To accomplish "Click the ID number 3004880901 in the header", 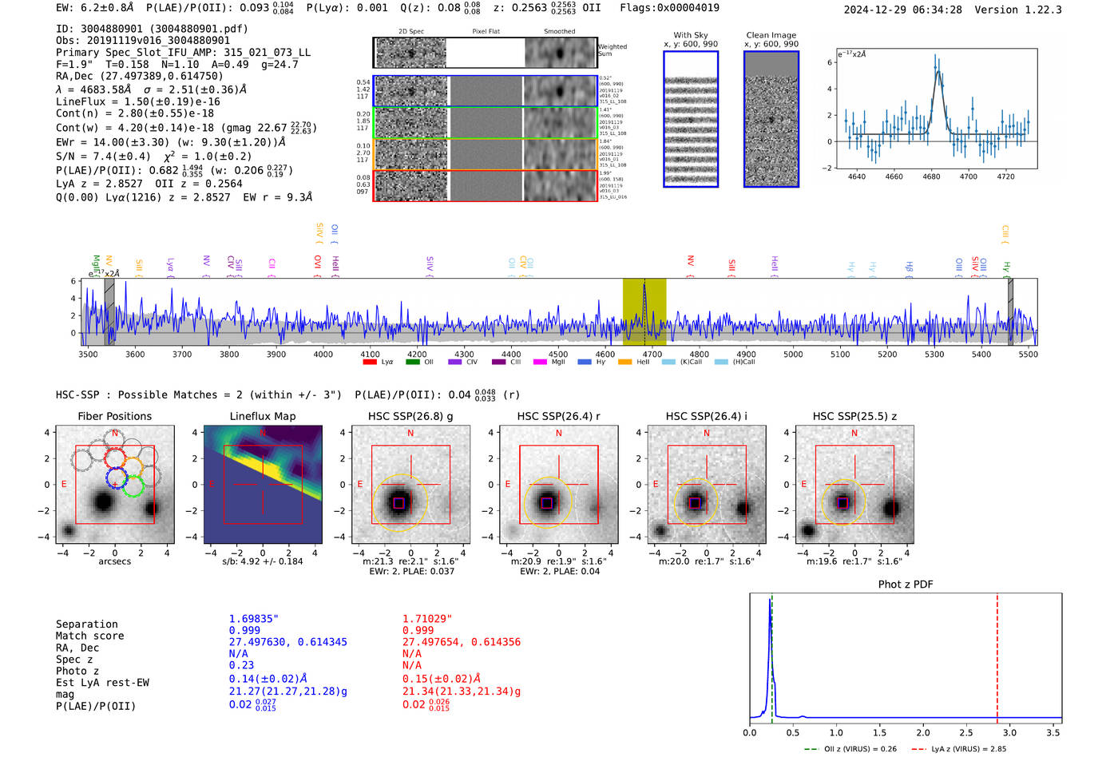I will tap(112, 29).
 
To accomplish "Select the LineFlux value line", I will tap(138, 101).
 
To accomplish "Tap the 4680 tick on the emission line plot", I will tap(931, 176).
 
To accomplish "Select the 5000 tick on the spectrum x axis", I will tap(793, 354).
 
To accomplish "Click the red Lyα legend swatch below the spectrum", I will tap(370, 362).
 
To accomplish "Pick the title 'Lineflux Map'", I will tap(263, 416).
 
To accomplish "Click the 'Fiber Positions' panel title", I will tap(114, 416).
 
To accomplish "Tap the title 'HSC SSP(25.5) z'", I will tap(854, 416).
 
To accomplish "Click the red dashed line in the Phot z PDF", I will tap(997, 655).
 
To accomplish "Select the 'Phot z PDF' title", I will tap(906, 585).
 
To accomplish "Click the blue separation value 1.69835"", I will tap(254, 619).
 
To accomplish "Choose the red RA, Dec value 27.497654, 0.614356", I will tap(462, 642).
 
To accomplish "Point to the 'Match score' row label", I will tap(89, 636).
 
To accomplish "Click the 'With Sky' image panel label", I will tap(691, 35).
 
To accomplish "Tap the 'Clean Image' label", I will tap(771, 35).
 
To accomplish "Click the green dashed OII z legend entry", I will tap(850, 749).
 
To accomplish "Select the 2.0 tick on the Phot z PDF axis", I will tap(923, 732).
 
